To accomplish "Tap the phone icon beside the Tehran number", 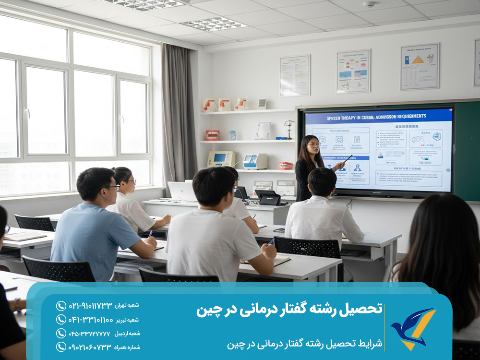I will coord(61,306).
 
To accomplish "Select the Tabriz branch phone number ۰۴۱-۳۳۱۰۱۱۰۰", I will coord(92,320).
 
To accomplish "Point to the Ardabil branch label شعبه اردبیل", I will coord(127,334).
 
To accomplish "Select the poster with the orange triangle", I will coord(420,66).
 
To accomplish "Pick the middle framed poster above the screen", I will coord(353,71).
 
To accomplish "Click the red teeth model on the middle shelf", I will coord(212,135).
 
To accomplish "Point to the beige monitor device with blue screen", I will coord(221,159).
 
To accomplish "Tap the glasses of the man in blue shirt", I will coord(113,187).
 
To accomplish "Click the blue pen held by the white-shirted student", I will coord(272,241).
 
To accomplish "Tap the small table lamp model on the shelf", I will coord(289,128).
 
